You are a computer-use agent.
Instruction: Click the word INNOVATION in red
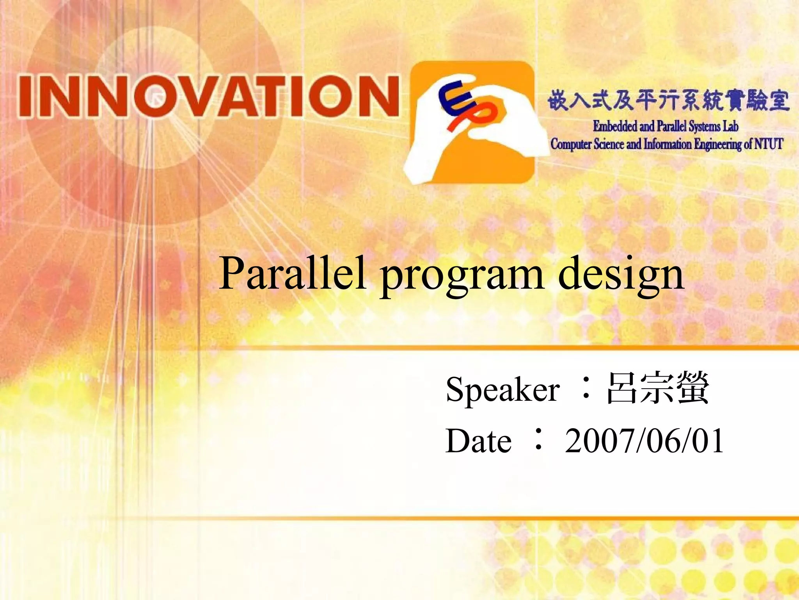pyautogui.click(x=209, y=96)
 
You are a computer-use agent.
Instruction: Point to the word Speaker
pyautogui.click(x=502, y=389)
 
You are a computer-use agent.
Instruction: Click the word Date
pyautogui.click(x=478, y=441)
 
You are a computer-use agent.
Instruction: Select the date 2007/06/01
pyautogui.click(x=644, y=441)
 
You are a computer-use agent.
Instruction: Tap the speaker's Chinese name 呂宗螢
pyautogui.click(x=658, y=388)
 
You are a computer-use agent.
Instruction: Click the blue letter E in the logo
pyautogui.click(x=453, y=98)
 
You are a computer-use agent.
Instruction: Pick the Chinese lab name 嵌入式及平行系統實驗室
pyautogui.click(x=668, y=100)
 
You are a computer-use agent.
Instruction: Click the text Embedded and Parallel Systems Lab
pyautogui.click(x=665, y=127)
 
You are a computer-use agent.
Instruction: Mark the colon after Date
pyautogui.click(x=538, y=439)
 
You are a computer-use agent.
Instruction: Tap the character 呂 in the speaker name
pyautogui.click(x=623, y=388)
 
